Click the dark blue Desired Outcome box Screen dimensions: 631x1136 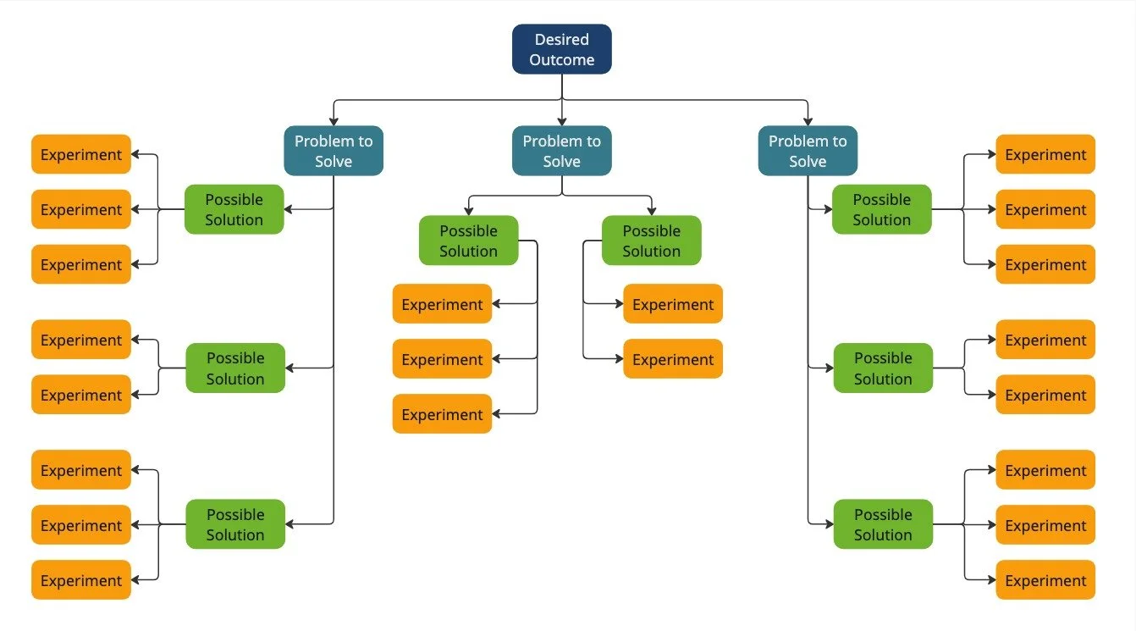pyautogui.click(x=561, y=49)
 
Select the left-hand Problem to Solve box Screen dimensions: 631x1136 pyautogui.click(x=334, y=151)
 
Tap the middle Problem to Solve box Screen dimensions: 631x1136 pyautogui.click(x=561, y=151)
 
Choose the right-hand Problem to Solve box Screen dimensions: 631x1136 pyautogui.click(x=808, y=151)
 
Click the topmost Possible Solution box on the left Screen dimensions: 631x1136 pyautogui.click(x=234, y=209)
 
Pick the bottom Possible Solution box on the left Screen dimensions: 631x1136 pyautogui.click(x=235, y=524)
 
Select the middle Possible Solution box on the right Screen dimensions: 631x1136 pyautogui.click(x=883, y=368)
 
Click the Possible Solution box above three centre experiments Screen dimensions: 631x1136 pyautogui.click(x=468, y=241)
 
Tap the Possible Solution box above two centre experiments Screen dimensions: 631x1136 pyautogui.click(x=651, y=241)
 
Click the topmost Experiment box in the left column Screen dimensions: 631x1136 pyautogui.click(x=81, y=154)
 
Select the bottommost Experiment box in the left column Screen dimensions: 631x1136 pyautogui.click(x=81, y=580)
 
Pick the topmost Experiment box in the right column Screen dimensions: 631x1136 pyautogui.click(x=1045, y=154)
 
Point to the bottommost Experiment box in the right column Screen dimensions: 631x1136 pyautogui.click(x=1045, y=580)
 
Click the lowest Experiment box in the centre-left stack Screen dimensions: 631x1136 pyautogui.click(x=442, y=414)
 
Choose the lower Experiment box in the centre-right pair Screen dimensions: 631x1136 pyautogui.click(x=673, y=359)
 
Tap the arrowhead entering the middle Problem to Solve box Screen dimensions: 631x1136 pyautogui.click(x=561, y=122)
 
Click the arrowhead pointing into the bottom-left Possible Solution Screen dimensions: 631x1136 pyautogui.click(x=291, y=524)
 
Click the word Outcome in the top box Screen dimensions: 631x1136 pyautogui.click(x=561, y=60)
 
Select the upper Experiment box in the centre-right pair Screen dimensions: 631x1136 pyautogui.click(x=673, y=304)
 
